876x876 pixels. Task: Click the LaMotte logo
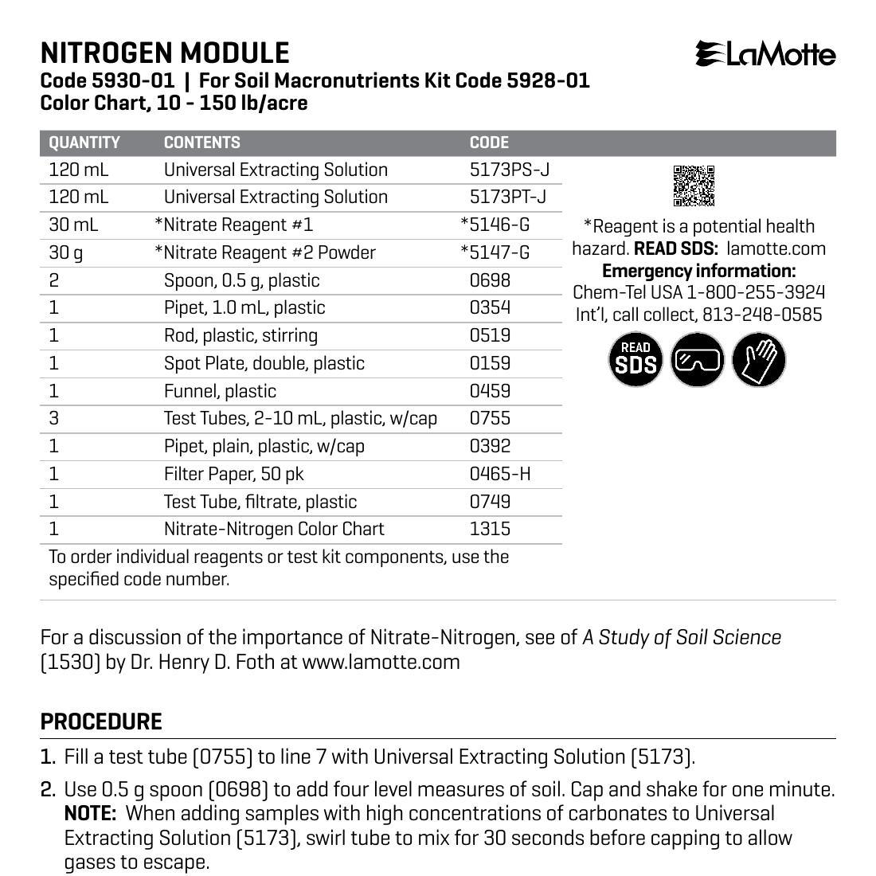click(x=765, y=54)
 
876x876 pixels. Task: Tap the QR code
click(x=694, y=186)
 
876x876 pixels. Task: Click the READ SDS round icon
click(x=635, y=360)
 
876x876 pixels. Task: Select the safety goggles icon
click(x=697, y=360)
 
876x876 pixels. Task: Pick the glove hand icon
click(x=758, y=360)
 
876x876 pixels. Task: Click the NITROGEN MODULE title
click(x=165, y=53)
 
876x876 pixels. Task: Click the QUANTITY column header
click(x=84, y=143)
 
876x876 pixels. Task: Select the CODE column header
click(x=489, y=143)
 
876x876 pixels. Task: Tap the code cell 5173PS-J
click(x=510, y=170)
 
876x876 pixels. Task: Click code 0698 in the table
click(x=490, y=280)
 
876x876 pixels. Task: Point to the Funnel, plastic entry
click(x=220, y=391)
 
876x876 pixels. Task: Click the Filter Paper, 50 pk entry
click(x=233, y=474)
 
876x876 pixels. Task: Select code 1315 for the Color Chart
click(x=490, y=529)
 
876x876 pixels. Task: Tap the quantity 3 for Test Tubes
click(x=54, y=418)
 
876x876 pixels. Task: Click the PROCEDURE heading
click(x=101, y=722)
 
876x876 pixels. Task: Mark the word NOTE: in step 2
click(x=91, y=814)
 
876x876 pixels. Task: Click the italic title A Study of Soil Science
click(x=682, y=637)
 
